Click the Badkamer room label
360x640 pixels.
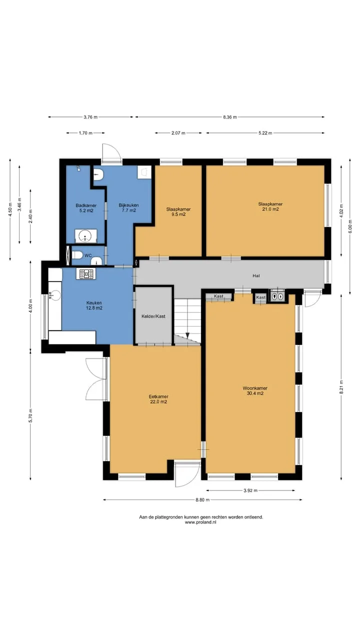click(x=86, y=208)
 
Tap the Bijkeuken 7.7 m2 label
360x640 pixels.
click(x=129, y=207)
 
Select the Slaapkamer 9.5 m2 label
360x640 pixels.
click(x=178, y=211)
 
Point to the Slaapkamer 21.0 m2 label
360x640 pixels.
click(x=270, y=206)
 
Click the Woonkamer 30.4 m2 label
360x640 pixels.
click(x=255, y=390)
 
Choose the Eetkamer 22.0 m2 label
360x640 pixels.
click(x=158, y=399)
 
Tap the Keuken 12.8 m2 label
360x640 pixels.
click(x=94, y=305)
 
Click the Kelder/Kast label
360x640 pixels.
click(x=153, y=316)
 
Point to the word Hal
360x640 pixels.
click(x=256, y=275)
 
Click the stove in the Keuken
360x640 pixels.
click(x=86, y=274)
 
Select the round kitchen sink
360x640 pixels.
click(x=55, y=295)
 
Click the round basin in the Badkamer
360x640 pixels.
click(x=85, y=236)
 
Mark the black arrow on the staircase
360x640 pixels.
click(x=187, y=335)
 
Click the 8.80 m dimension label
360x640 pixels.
click(x=202, y=499)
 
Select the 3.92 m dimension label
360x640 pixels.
click(x=250, y=490)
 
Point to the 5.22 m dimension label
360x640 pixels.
click(x=265, y=133)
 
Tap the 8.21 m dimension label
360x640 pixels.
click(x=341, y=387)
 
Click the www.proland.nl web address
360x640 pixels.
click(x=200, y=522)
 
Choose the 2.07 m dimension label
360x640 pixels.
click(x=178, y=133)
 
